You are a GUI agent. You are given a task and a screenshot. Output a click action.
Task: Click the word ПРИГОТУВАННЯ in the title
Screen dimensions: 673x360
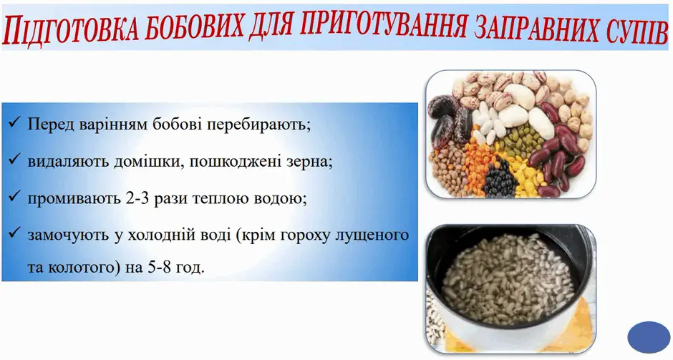[381, 28]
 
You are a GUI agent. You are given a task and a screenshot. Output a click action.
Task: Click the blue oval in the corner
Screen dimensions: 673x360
[649, 337]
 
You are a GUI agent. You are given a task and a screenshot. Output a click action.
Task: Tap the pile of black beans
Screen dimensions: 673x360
[499, 180]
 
